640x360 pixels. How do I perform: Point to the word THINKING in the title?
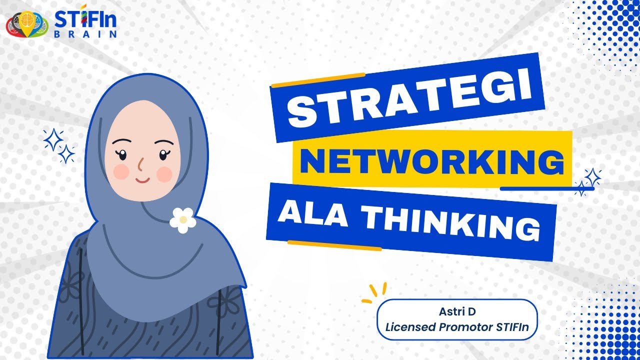[450, 224]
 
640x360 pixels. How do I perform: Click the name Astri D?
[457, 311]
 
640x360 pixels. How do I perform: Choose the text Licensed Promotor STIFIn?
[457, 328]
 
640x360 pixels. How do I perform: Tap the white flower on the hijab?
[183, 219]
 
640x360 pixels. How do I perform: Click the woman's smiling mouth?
[142, 179]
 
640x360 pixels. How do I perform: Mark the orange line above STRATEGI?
[317, 80]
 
